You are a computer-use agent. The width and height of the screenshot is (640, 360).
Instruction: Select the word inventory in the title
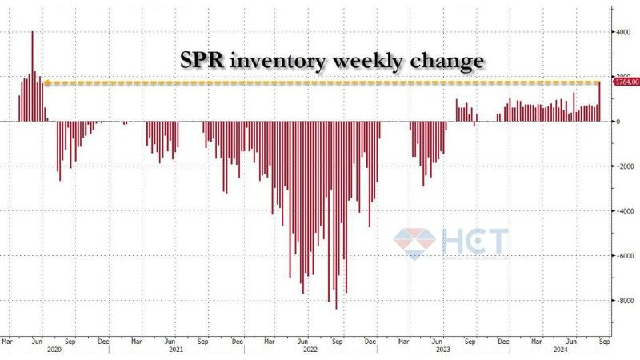[287, 61]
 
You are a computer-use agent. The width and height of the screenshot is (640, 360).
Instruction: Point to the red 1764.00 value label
[624, 82]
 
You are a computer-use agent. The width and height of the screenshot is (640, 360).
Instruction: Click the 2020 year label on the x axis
[54, 350]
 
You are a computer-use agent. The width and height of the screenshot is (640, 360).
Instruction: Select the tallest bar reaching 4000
[32, 76]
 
